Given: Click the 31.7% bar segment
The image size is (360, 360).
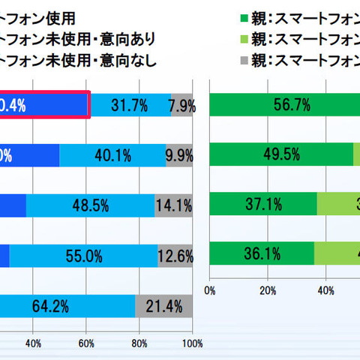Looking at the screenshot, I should [129, 106].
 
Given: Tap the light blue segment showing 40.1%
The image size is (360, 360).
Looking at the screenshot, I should [112, 156].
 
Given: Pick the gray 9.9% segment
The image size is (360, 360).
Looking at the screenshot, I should [179, 156].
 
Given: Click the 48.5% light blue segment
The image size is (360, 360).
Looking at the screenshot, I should [91, 205].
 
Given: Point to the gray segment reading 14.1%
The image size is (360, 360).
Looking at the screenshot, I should [173, 205].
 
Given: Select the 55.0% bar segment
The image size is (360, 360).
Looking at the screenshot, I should [83, 255].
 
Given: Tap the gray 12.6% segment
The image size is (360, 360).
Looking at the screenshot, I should [175, 255].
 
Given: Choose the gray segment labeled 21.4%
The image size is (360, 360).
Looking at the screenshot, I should [163, 306].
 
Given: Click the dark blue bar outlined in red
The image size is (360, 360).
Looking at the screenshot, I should [45, 106].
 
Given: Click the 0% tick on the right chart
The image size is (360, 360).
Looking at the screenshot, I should [210, 290].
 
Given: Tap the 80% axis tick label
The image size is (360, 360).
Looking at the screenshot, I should [139, 344].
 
